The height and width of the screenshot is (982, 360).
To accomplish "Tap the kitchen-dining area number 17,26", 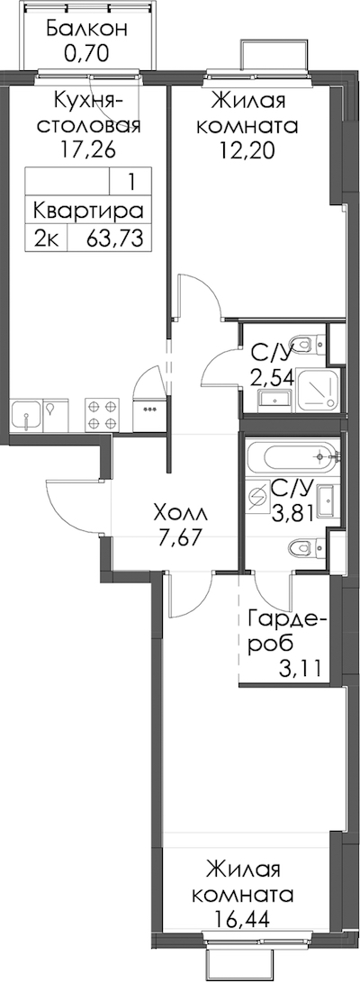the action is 87,151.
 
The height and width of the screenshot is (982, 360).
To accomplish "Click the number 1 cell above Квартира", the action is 130,182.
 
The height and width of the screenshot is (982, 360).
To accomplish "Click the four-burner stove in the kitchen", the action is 102,414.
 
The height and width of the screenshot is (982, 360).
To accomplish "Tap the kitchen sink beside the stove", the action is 25,415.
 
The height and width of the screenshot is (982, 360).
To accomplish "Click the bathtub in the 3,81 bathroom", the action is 292,458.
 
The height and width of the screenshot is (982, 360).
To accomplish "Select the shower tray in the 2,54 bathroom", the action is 319,388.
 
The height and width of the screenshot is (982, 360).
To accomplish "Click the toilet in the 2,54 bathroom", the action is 310,344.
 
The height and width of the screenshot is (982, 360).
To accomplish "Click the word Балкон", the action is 87,29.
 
